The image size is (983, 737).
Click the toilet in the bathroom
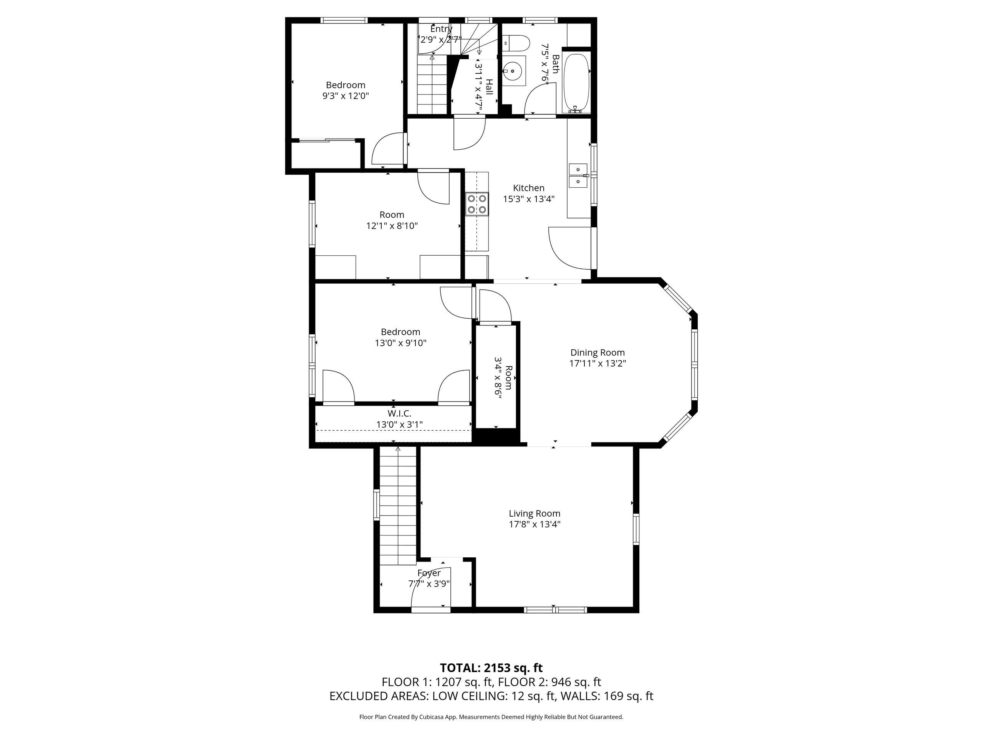517,43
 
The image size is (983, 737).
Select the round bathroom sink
514,70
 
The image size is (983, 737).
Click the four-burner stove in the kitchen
477,204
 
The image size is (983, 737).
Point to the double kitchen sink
579,175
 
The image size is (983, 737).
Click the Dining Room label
598,353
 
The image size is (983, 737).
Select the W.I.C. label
399,413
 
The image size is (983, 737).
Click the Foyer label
429,573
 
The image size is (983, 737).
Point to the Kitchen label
529,188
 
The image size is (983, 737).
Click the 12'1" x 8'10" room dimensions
392,226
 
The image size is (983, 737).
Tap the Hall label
489,87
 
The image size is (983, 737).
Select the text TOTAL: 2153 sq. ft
491,680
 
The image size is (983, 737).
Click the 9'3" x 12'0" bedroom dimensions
346,96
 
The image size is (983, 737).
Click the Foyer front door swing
431,588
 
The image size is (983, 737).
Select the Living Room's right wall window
636,529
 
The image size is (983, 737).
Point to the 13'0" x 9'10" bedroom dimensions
401,343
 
